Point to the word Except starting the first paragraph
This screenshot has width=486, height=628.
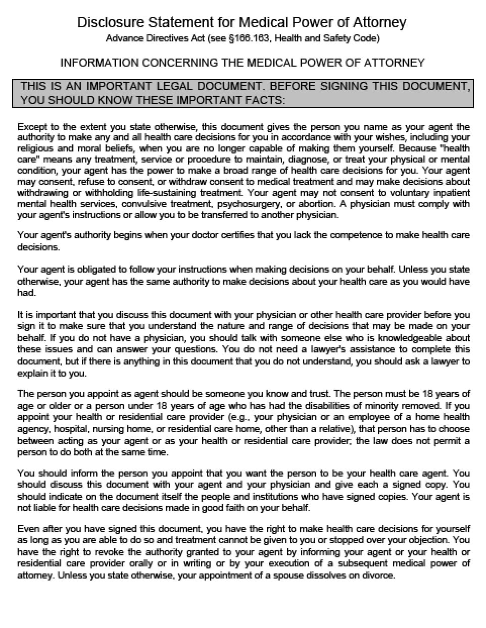(31, 127)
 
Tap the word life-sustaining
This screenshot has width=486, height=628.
(167, 193)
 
